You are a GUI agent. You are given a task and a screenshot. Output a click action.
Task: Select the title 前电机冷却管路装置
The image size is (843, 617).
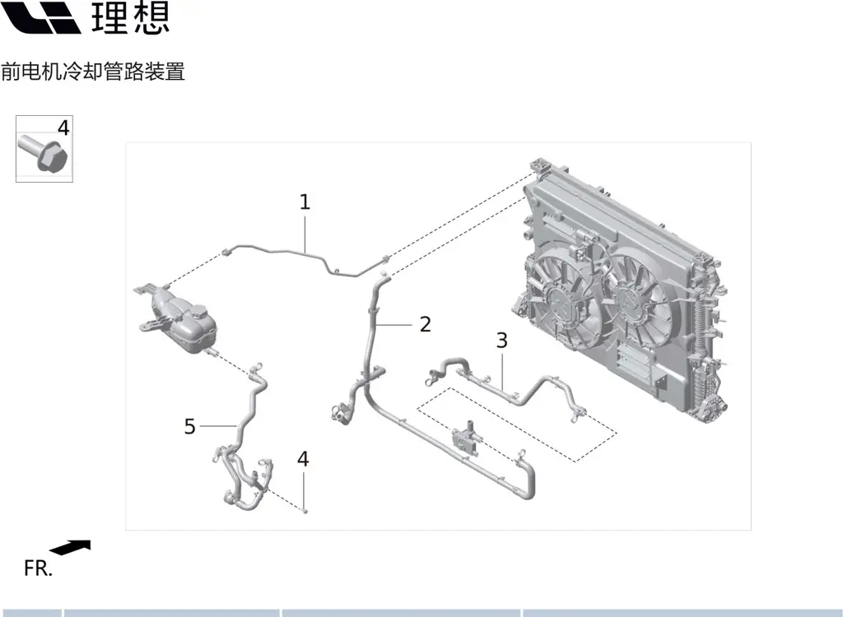92,72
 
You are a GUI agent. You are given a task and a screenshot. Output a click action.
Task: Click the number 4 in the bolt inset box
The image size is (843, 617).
63,128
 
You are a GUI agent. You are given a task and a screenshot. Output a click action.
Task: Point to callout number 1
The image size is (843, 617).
305,202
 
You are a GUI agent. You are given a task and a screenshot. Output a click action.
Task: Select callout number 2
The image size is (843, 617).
425,324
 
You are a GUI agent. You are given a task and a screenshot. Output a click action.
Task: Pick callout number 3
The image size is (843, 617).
501,340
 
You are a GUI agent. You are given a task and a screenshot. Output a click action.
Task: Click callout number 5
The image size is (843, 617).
190,426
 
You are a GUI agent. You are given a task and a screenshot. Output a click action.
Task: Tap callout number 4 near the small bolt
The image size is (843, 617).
303,459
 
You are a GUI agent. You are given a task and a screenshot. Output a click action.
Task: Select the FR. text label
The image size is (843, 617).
38,568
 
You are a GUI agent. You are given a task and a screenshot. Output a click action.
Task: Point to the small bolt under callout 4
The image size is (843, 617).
305,510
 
